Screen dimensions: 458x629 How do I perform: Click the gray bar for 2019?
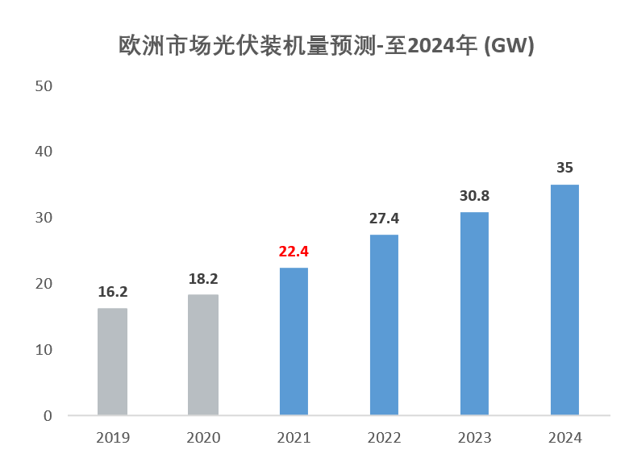tap(112, 362)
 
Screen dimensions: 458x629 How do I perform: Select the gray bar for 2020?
tap(203, 355)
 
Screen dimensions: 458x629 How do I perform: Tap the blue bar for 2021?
tap(294, 342)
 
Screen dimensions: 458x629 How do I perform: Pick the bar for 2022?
tap(384, 325)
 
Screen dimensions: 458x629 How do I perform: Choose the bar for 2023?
tap(474, 314)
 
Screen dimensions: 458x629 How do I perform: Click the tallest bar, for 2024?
tap(564, 300)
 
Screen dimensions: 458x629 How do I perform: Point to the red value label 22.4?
tap(294, 252)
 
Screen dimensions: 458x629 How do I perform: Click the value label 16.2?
tap(112, 292)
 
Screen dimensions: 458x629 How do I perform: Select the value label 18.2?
tap(203, 279)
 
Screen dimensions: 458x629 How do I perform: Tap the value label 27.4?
tap(384, 219)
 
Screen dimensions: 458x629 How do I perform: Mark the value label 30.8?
tap(474, 196)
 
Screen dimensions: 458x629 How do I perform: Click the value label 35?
tap(564, 168)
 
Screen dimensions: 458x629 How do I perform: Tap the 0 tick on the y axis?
tap(48, 416)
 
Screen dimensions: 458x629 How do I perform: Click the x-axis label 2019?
tap(112, 438)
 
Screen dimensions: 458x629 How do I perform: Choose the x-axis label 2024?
tap(564, 438)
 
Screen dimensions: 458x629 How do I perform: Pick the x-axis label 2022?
tap(384, 438)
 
